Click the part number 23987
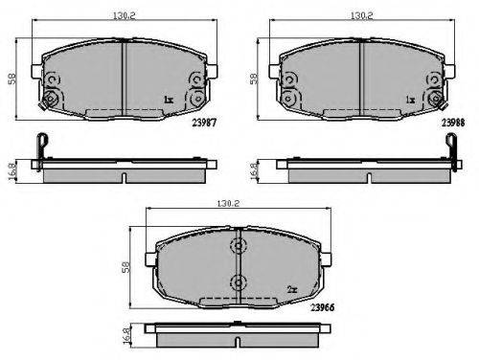tap(204, 123)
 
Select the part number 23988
tap(453, 123)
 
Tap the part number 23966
tap(323, 307)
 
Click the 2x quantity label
tap(292, 289)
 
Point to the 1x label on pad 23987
tap(169, 100)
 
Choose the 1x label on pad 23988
tap(410, 100)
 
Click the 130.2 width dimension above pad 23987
tap(124, 15)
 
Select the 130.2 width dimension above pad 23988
tap(362, 15)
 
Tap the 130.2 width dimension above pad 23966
tap(228, 203)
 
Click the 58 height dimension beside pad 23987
tap(12, 79)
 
